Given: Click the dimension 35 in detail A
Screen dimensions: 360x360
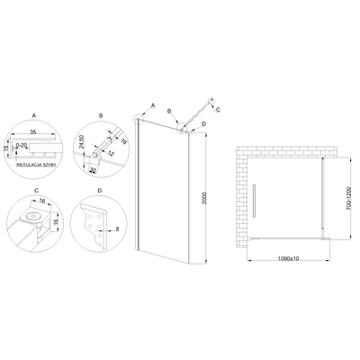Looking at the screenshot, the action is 33,131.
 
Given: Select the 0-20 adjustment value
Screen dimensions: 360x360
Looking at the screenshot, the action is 22,146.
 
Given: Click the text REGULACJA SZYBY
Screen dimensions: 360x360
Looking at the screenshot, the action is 37,165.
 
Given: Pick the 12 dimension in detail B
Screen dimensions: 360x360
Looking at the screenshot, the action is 111,154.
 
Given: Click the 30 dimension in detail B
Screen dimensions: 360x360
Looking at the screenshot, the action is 93,170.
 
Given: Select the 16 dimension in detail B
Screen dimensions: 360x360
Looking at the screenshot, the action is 123,141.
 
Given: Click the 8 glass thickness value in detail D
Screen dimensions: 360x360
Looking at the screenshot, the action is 117,229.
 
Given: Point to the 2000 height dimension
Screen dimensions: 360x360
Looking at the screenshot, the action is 204,198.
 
